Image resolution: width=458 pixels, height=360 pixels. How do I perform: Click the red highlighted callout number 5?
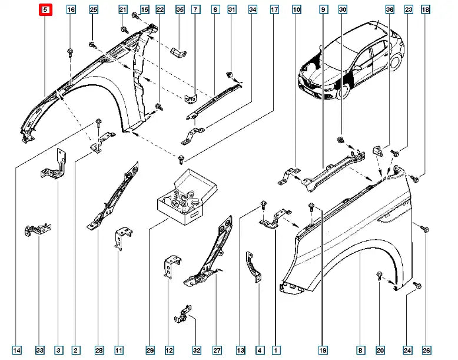point(46,9)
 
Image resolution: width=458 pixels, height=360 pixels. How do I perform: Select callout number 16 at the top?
point(71,9)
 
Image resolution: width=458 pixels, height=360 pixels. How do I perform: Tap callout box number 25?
point(93,9)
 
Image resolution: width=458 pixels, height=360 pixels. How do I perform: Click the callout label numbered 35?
point(180,9)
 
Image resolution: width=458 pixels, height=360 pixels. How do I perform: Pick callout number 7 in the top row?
point(195,9)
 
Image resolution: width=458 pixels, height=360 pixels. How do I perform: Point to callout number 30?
point(343,9)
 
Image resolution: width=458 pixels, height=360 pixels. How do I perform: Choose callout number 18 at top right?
point(425,9)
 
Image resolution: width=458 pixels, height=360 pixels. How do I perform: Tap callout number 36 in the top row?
point(389,9)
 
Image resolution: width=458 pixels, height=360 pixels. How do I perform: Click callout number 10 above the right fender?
point(296,9)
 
